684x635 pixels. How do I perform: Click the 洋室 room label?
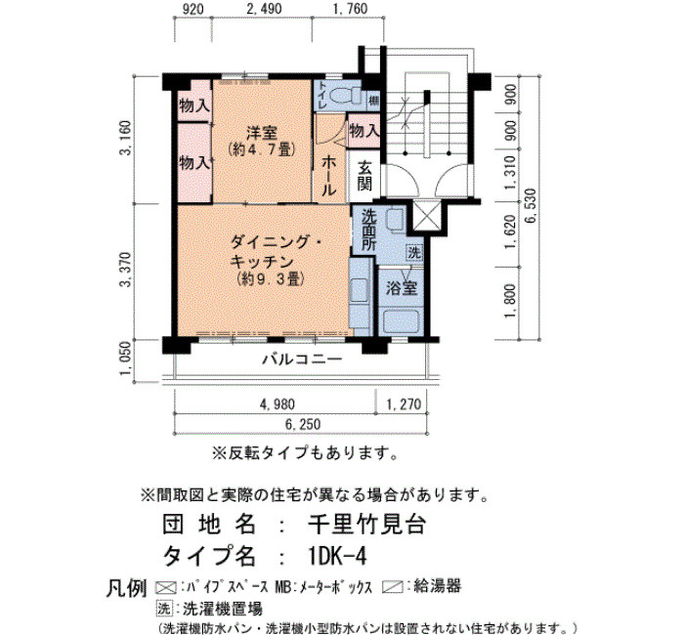(x=262, y=132)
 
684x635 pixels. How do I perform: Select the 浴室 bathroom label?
(x=402, y=288)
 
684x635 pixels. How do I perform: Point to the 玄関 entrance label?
(x=364, y=176)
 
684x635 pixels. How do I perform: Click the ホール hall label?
(x=328, y=176)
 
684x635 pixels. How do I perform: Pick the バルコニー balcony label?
(x=302, y=360)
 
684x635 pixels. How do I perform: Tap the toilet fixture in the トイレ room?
(x=346, y=95)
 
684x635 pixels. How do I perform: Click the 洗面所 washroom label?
(x=369, y=230)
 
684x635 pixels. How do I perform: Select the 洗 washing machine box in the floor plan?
(x=414, y=252)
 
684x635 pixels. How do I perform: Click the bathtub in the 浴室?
(x=402, y=320)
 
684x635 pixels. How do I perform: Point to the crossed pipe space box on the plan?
(x=426, y=216)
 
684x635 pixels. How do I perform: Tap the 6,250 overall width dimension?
(x=303, y=424)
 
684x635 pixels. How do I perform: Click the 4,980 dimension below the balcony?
(x=277, y=403)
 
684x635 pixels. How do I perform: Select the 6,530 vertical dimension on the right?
(x=533, y=206)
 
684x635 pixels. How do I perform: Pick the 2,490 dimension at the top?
(x=264, y=8)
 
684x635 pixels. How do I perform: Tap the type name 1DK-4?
(x=337, y=556)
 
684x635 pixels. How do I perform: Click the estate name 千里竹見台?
(x=366, y=524)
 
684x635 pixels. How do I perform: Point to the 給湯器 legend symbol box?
(x=392, y=587)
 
